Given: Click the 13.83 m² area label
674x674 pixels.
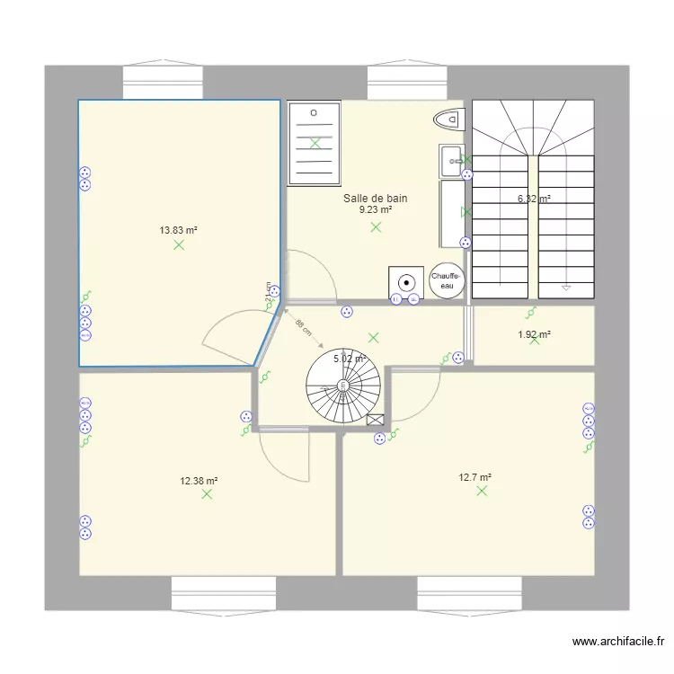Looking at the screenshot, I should [x=178, y=230].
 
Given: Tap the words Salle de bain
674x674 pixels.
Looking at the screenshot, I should [x=376, y=199].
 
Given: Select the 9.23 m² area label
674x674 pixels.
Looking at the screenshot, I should [x=376, y=210].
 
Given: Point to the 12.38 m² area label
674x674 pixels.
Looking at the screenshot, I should [x=199, y=481].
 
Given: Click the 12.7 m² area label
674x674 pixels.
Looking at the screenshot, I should [x=474, y=477].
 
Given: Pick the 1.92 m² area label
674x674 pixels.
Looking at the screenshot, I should [x=534, y=335].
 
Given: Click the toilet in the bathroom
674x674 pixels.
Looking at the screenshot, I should [x=448, y=118].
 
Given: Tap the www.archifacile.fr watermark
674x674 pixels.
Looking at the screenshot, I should [x=618, y=642].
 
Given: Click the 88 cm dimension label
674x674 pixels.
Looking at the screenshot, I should [x=303, y=327].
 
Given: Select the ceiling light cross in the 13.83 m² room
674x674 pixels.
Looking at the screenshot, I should [x=179, y=244].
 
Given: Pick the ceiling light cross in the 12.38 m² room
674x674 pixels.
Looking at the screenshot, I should [x=208, y=494].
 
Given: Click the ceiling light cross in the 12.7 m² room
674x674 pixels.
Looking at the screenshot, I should [x=482, y=491].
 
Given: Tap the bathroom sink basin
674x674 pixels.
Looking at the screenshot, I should [x=450, y=162].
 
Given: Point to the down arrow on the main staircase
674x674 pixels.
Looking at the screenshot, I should [x=566, y=288].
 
